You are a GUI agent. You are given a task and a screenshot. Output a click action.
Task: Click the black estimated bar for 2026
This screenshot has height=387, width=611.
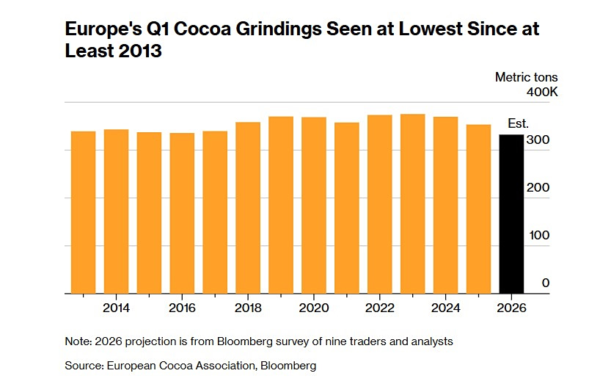(x=511, y=214)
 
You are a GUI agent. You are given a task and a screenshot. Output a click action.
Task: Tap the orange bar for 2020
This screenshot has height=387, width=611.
(x=314, y=206)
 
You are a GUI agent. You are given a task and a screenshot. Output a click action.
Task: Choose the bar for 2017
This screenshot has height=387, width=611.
(x=215, y=212)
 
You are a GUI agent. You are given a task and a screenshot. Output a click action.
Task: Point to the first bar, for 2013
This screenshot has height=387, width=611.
(x=83, y=212)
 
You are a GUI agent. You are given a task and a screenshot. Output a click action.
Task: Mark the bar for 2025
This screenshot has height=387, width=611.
(x=478, y=209)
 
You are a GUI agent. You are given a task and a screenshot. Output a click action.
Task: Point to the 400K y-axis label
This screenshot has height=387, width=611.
(x=543, y=93)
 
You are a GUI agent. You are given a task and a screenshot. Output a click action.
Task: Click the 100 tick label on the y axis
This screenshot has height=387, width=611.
(x=540, y=235)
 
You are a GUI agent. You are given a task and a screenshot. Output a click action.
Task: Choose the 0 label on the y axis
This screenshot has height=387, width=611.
(x=546, y=283)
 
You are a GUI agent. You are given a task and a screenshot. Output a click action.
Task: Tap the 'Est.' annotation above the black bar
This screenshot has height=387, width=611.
(x=518, y=123)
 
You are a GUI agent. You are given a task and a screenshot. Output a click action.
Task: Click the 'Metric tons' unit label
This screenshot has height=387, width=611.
(x=526, y=77)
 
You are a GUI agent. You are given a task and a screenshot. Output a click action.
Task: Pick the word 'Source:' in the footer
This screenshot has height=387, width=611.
(x=83, y=365)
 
